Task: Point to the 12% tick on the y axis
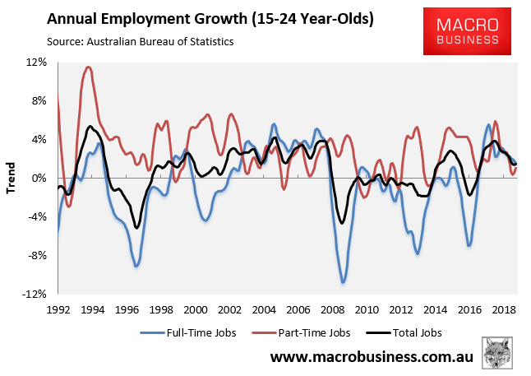(x=36, y=63)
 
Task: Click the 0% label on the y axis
(x=39, y=179)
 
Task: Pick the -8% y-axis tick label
(x=37, y=256)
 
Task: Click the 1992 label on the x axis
(x=58, y=310)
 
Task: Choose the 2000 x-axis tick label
(x=196, y=310)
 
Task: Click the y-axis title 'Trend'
(x=11, y=179)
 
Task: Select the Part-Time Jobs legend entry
(x=300, y=334)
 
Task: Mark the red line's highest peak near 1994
(x=88, y=67)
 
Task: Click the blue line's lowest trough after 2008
(x=343, y=282)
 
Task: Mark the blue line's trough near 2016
(x=469, y=245)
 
